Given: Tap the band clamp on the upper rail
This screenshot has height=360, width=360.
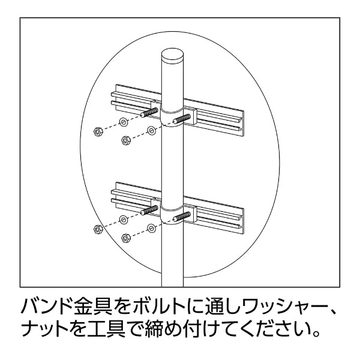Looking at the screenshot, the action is tap(172, 117).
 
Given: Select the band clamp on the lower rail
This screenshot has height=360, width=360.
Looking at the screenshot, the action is tap(172, 214).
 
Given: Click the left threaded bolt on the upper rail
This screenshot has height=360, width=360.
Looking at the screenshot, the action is tap(149, 113).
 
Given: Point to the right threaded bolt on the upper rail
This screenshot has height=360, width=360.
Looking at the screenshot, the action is tap(182, 119).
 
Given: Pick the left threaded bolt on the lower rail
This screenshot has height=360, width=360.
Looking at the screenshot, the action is tap(149, 210).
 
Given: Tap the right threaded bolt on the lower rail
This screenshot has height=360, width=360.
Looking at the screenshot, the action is tap(182, 217).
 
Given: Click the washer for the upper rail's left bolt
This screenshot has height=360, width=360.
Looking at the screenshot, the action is tap(124, 122).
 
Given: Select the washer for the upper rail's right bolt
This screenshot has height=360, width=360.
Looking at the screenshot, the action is tap(151, 131).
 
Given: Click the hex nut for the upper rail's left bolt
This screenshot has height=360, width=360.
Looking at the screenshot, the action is tap(98, 131).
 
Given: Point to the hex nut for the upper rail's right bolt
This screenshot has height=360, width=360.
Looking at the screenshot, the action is tap(125, 140).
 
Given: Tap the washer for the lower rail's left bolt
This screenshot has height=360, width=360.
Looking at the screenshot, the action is tap(124, 220).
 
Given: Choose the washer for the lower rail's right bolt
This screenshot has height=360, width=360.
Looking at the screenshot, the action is tap(151, 228).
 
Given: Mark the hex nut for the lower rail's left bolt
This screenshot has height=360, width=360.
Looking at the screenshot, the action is tap(98, 229).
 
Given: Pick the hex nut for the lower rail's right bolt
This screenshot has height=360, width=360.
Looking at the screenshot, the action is tap(125, 238).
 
